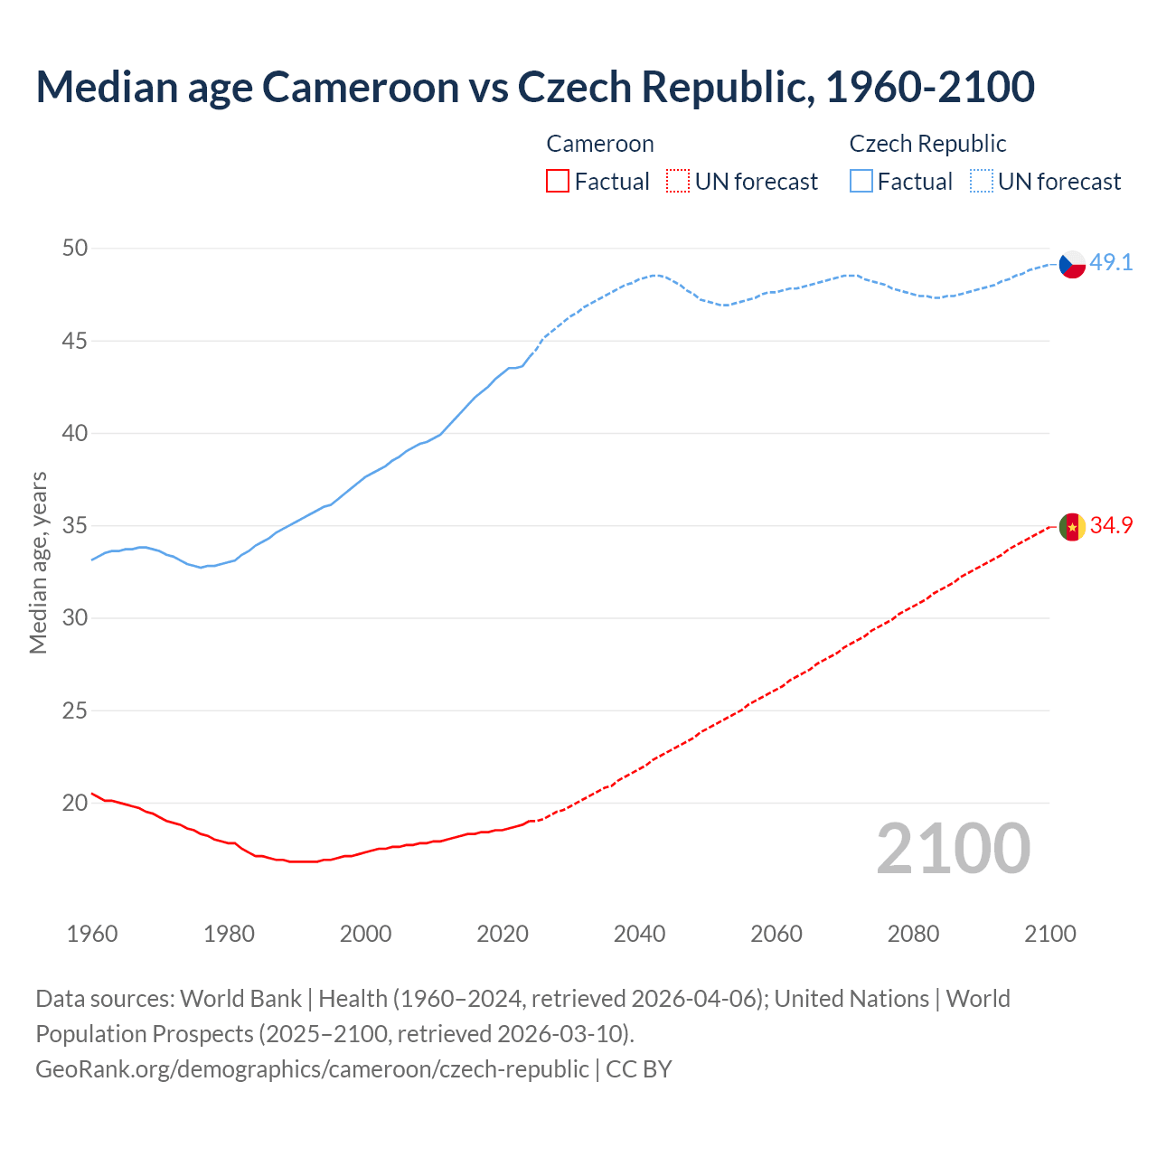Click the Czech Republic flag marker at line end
[x=1072, y=264]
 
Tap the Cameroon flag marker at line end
[x=1072, y=527]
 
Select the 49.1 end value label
[x=1111, y=263]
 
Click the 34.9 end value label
[x=1111, y=526]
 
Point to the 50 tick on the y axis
[x=75, y=249]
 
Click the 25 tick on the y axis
[x=75, y=711]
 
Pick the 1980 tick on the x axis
[x=229, y=934]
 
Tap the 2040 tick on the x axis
[x=639, y=934]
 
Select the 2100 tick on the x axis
[x=1049, y=934]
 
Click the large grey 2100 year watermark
[x=953, y=849]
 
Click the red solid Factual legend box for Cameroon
[x=558, y=182]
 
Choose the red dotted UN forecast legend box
[x=678, y=182]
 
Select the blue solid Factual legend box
[x=861, y=182]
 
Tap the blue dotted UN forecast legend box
[x=981, y=182]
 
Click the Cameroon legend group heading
[x=599, y=145]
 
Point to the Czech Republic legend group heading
[x=927, y=145]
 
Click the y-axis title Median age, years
[x=38, y=562]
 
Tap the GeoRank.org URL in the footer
[x=312, y=1069]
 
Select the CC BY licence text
[x=639, y=1069]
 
